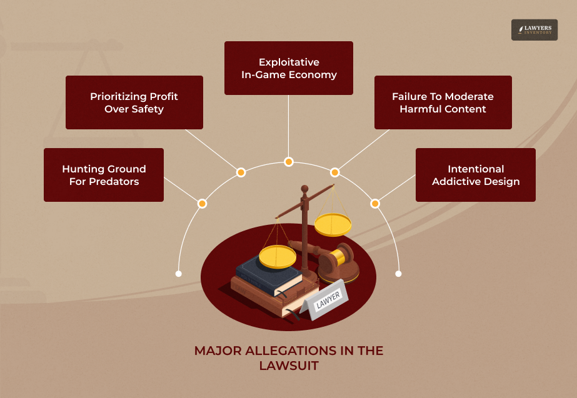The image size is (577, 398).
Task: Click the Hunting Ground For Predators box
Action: coord(104,175)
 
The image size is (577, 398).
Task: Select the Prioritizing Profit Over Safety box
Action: coord(134,102)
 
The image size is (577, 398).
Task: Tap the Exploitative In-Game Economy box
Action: coord(289,68)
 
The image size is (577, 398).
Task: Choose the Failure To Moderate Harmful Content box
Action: coord(443,102)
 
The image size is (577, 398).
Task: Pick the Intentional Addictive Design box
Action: coord(476,175)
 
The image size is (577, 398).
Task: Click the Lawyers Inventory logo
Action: coord(534,30)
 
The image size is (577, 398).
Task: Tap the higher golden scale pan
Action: coord(333,224)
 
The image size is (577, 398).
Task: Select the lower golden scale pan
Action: coord(278,256)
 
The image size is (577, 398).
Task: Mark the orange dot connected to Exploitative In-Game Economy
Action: coord(289,161)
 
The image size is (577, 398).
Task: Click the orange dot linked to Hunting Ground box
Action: coord(202,203)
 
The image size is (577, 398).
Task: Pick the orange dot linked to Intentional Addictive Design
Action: coord(375,203)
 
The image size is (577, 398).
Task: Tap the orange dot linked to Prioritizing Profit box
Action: coord(240,172)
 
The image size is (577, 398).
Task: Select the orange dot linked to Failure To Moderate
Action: coord(334,172)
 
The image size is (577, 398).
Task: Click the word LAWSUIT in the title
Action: coord(289,366)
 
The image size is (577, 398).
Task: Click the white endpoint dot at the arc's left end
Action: coord(179,274)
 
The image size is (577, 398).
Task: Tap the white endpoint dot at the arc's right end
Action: coord(399,274)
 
